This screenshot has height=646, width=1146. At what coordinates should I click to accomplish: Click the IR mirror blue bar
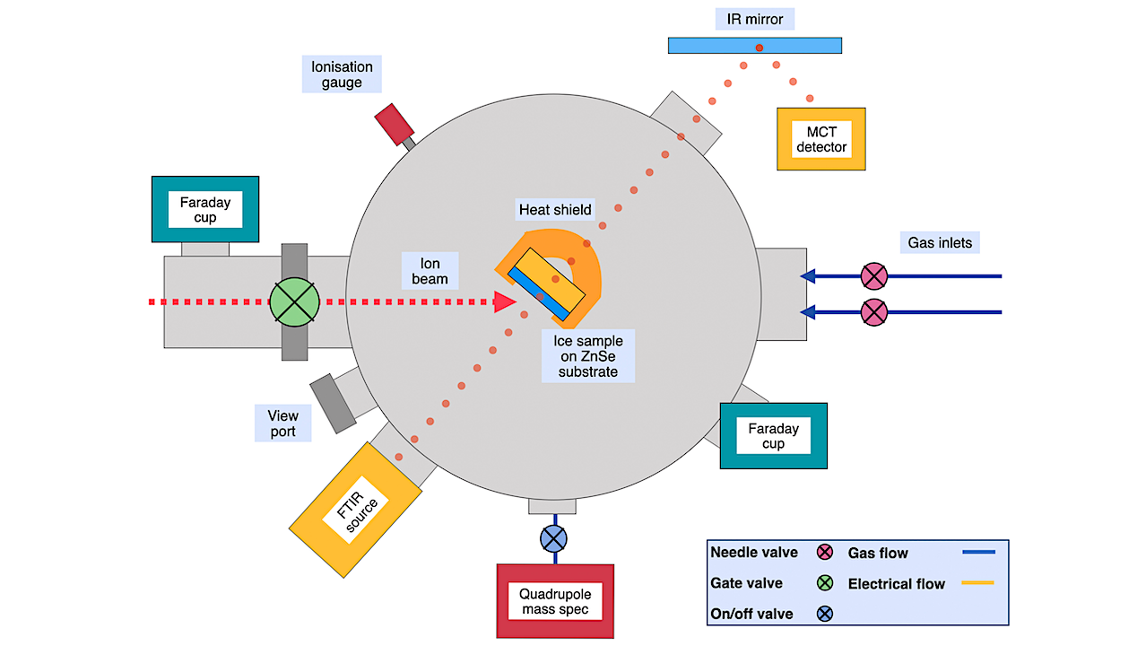coord(717,45)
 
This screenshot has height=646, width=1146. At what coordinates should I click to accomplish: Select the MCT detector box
coord(820,138)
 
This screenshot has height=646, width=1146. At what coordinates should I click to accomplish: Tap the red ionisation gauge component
coord(392,123)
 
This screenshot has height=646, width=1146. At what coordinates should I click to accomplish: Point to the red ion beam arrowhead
coord(505,302)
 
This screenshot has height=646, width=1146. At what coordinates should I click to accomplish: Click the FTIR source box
coord(356,510)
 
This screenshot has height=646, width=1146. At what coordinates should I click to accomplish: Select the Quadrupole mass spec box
coord(555,600)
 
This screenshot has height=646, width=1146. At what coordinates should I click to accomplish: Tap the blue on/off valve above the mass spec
coord(553,538)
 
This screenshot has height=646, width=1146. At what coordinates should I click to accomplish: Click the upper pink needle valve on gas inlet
coord(873,275)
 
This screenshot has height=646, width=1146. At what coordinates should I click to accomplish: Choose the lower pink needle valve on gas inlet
coord(873,312)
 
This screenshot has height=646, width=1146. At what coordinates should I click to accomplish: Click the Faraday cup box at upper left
coord(205,209)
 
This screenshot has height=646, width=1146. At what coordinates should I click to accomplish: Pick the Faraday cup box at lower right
coord(773,435)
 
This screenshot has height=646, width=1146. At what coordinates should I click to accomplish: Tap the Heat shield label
coord(555,210)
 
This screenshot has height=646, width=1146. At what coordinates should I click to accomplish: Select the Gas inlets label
coord(939,242)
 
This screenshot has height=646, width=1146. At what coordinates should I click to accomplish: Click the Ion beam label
coord(430,271)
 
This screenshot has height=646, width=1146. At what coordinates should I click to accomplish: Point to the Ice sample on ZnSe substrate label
coord(587,355)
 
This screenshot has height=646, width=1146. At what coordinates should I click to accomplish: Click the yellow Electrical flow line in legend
coord(977,583)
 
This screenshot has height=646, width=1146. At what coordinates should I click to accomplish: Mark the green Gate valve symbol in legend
coord(825,583)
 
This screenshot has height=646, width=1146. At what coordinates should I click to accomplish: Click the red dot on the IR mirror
coord(760,47)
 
